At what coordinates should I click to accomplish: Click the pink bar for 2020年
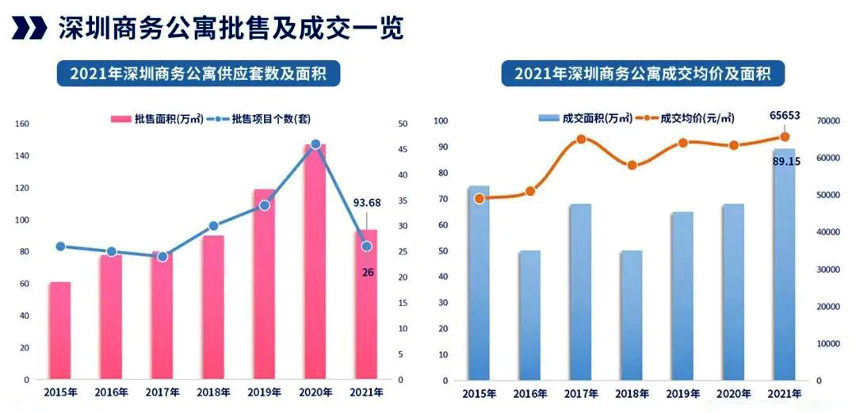tap(315, 262)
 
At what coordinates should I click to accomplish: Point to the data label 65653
tap(785, 116)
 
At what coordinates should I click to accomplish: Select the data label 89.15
tap(784, 162)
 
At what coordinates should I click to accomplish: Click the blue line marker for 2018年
tap(213, 226)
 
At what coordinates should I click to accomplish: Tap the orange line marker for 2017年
tap(581, 140)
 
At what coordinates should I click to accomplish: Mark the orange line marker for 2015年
tap(480, 199)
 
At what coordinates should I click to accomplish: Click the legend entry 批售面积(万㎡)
tap(159, 119)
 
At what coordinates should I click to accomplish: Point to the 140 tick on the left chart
tap(22, 156)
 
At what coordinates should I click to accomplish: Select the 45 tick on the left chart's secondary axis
tap(403, 150)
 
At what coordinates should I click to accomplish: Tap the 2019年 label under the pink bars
tap(264, 392)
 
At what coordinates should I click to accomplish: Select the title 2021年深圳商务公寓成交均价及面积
tap(643, 75)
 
